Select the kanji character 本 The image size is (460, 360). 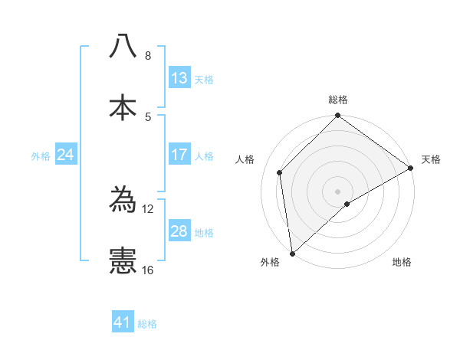[x=123, y=106]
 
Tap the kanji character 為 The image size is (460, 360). [x=123, y=200]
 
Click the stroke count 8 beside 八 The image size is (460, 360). [x=147, y=56]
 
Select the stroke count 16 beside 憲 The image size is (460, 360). [x=147, y=270]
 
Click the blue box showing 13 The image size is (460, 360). [x=179, y=78]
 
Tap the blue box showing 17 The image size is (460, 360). [x=179, y=155]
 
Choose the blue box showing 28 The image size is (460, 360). [x=179, y=231]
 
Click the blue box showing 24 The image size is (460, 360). [x=66, y=155]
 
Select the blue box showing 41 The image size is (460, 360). [x=123, y=322]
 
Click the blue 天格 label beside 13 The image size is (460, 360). [x=204, y=79]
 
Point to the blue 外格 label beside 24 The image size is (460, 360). [x=41, y=155]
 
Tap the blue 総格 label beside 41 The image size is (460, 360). [x=147, y=323]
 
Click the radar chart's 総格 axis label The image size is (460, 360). [x=338, y=100]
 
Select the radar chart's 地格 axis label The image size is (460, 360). [x=402, y=262]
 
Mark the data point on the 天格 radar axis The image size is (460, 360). [x=411, y=168]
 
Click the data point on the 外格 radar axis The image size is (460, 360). [x=292, y=254]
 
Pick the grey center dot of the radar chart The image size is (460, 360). [x=338, y=191]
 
